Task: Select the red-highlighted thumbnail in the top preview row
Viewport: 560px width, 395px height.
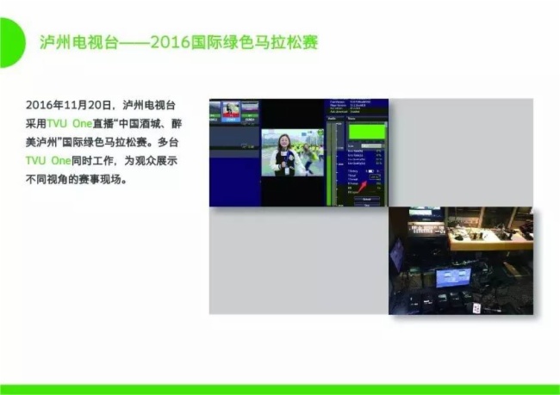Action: click(x=232, y=109)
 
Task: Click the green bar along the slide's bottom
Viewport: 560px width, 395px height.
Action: click(x=280, y=389)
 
